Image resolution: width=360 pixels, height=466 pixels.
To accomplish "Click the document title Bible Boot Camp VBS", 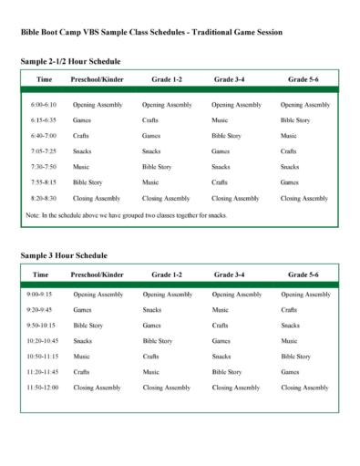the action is [150, 32].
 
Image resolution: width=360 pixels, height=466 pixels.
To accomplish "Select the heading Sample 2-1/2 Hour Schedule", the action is [70, 61].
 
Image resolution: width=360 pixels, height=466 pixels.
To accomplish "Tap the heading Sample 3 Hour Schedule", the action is [63, 255].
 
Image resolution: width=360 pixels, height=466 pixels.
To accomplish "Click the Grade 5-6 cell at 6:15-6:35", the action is [296, 120].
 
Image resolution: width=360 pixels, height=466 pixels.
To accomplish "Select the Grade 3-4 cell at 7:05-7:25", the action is [221, 151].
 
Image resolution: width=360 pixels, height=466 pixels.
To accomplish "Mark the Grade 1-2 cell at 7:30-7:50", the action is [157, 167].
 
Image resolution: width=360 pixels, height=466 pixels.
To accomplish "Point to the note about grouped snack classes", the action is [126, 215].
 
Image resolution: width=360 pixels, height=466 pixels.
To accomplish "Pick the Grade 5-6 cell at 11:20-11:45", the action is [290, 372].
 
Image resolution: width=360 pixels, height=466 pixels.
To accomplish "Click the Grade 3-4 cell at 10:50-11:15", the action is [221, 357].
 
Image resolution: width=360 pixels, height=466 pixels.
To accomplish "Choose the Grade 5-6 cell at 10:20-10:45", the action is [290, 341].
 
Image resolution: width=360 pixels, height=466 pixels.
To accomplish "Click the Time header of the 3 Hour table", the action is [41, 274].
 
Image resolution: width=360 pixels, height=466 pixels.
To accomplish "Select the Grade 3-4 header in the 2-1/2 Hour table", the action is [229, 80].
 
